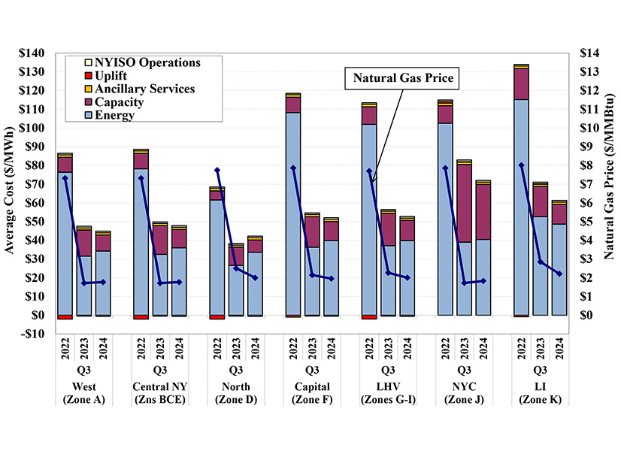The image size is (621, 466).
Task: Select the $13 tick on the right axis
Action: click(590, 72)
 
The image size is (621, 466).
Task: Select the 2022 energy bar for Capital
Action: click(292, 213)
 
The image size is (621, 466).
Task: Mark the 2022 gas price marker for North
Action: click(217, 171)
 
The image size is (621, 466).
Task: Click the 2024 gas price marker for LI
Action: click(558, 274)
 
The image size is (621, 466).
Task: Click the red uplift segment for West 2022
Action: click(65, 317)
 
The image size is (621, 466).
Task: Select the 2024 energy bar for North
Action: click(255, 283)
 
